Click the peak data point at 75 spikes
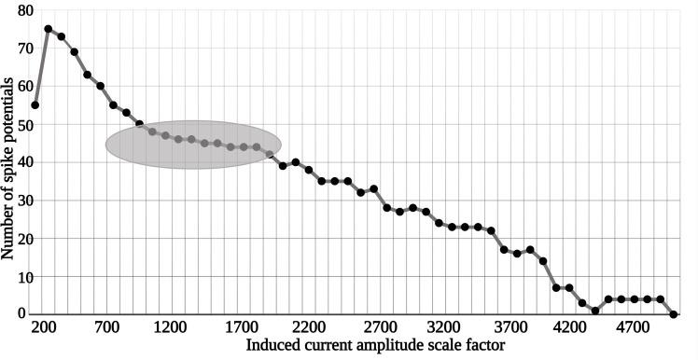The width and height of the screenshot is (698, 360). pos(49,29)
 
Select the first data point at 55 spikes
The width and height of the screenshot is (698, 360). pos(35,105)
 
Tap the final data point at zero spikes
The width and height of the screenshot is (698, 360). pos(674,314)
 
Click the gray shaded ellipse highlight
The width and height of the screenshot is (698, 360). pos(193,145)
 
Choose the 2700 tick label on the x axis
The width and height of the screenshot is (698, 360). pos(380,327)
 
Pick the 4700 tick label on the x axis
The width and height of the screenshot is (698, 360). pos(634,327)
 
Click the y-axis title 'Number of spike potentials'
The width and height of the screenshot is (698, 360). pos(8,168)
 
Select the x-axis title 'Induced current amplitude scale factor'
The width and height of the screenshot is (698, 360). pos(376,346)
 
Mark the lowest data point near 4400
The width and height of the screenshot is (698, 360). pos(595,311)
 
